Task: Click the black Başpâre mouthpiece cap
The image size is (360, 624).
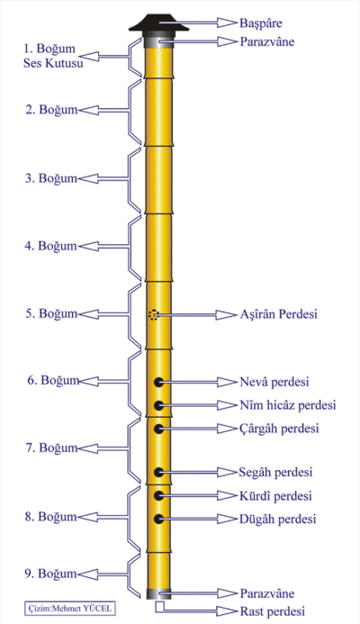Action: (x=158, y=23)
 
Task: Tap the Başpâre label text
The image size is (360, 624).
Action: (x=261, y=23)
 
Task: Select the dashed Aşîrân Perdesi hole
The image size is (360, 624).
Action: (x=153, y=315)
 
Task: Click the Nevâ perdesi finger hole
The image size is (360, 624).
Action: (x=158, y=383)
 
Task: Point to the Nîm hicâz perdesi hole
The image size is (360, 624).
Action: (x=158, y=405)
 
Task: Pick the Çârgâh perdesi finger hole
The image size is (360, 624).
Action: (x=158, y=429)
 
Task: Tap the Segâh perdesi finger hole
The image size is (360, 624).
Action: (x=158, y=473)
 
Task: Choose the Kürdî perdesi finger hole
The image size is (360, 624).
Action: (x=158, y=495)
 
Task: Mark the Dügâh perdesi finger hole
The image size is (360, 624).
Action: (x=158, y=519)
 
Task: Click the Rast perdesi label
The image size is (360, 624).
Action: (x=272, y=610)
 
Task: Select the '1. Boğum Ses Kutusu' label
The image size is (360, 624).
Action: (x=53, y=56)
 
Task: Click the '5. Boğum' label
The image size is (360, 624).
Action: (x=51, y=313)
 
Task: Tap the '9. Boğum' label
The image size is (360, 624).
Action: (x=50, y=574)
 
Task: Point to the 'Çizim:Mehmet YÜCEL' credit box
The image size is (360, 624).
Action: (x=67, y=608)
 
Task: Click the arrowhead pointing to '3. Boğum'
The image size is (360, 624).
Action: (x=88, y=178)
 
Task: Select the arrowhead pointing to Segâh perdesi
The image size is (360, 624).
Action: (x=227, y=473)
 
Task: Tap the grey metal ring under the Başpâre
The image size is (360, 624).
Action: (x=158, y=41)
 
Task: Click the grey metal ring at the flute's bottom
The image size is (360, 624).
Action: (x=158, y=593)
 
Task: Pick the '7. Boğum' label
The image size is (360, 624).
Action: (x=51, y=448)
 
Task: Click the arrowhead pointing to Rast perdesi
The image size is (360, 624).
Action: (x=227, y=610)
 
